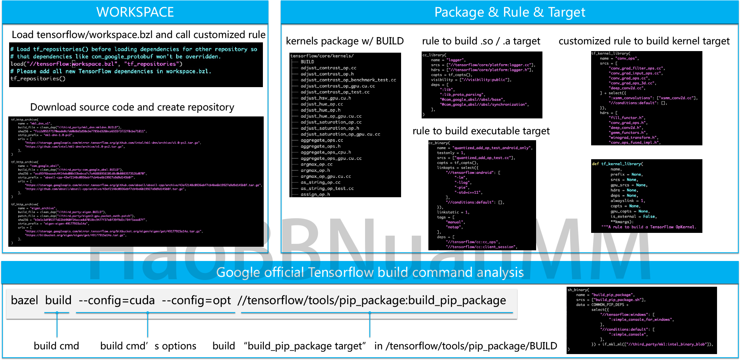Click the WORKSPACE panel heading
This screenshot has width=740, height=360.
135,12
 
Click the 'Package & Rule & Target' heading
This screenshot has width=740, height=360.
510,12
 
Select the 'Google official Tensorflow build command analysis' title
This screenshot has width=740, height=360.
370,272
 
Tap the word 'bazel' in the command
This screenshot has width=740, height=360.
25,301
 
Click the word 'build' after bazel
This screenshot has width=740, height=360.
58,301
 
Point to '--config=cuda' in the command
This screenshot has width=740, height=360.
117,301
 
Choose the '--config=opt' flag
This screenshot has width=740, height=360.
196,301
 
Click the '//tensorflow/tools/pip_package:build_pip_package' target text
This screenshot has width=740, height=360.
372,301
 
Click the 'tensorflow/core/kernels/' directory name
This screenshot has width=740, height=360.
322,56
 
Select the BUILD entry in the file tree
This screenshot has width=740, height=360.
307,62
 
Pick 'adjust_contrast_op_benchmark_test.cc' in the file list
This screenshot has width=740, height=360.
348,80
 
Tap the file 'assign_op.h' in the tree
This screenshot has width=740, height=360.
315,194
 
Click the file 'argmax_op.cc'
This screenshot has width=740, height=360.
316,164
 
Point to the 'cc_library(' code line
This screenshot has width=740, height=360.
434,55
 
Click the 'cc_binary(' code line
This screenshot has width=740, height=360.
439,143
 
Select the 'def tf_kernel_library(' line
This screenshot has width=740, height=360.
617,164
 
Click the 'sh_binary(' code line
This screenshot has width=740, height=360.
578,290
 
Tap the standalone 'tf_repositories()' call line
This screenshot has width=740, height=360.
38,79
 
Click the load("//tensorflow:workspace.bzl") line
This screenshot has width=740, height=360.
96,64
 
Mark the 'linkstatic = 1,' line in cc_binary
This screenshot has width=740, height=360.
453,212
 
